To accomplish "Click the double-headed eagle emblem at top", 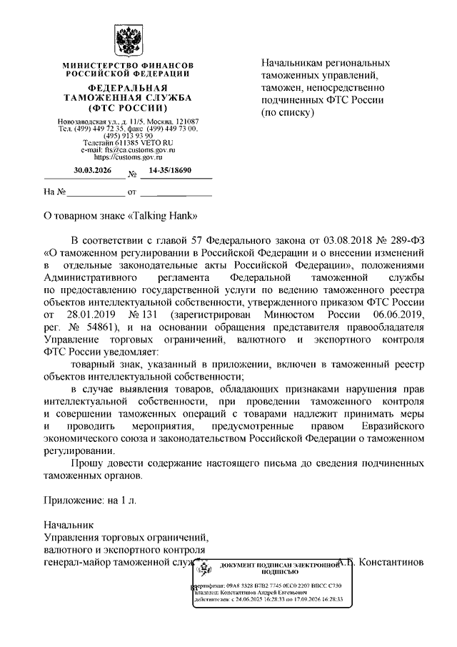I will [x=126, y=41].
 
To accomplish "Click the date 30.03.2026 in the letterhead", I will [x=93, y=171].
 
